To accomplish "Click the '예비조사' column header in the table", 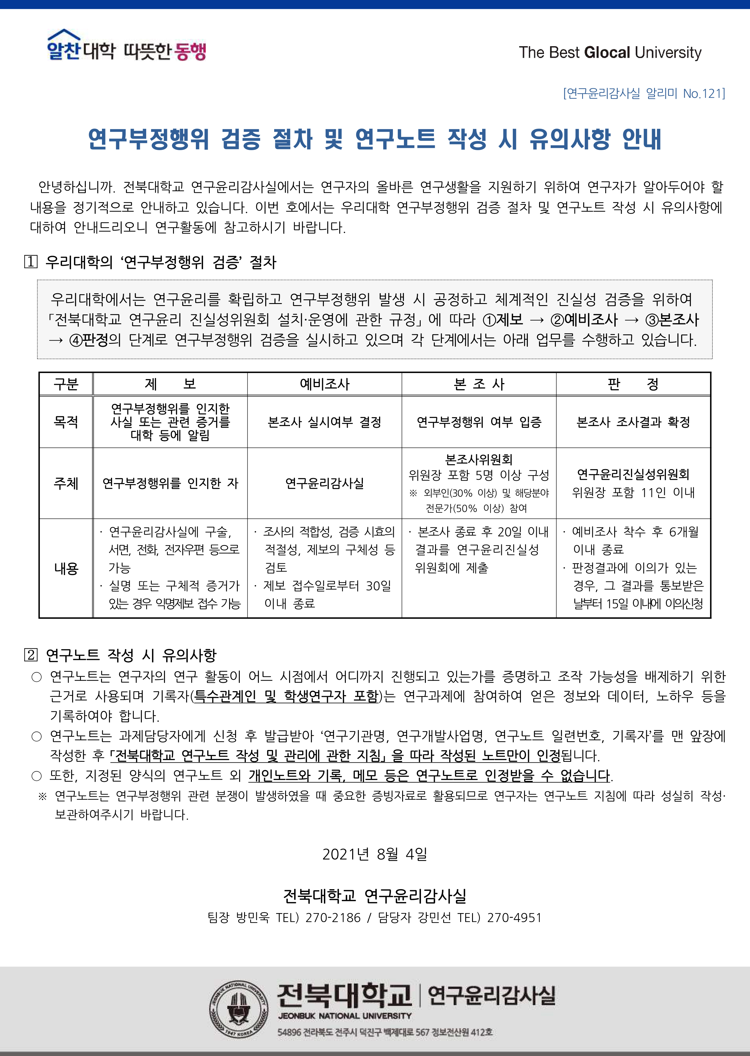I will point(325,384).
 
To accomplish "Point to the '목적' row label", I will point(66,422).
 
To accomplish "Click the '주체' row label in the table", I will point(66,483).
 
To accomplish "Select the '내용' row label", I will point(66,568).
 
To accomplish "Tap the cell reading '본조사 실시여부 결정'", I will point(325,422).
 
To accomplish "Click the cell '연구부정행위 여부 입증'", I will point(479,422).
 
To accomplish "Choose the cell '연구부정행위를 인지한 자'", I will point(170,483).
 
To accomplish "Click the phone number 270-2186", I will point(333,918).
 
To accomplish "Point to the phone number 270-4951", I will point(514,918).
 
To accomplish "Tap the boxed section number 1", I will point(31,262).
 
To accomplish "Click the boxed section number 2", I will point(31,655).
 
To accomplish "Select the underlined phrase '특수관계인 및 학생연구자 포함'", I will point(286,696).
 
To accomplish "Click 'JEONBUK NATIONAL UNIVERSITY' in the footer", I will point(344,1016).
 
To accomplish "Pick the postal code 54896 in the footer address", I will point(289,1032).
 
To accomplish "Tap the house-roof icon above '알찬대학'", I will point(64,35).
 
